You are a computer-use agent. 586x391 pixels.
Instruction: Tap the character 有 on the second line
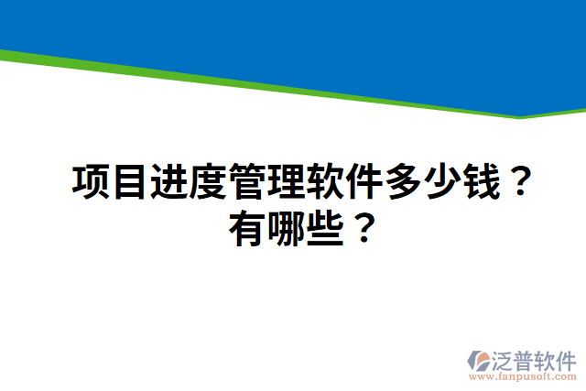[x=249, y=224]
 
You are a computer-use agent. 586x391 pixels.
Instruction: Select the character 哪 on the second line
[x=288, y=224]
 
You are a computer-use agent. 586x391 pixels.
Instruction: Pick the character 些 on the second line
[x=328, y=224]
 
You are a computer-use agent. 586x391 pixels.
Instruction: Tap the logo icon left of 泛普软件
[x=482, y=362]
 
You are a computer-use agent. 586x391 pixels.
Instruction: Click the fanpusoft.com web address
[x=523, y=376]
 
